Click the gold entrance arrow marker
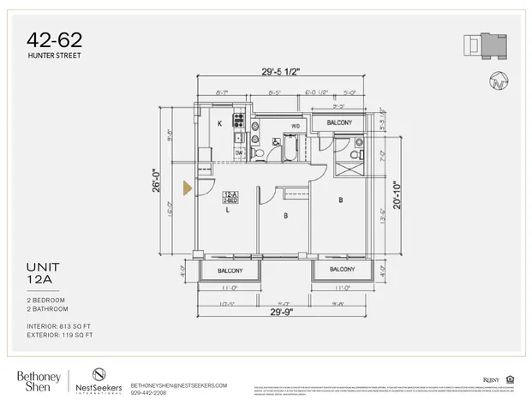point(185,187)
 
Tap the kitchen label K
point(220,124)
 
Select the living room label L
point(228,209)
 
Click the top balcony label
point(338,123)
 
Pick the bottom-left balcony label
point(230,271)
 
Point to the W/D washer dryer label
point(296,126)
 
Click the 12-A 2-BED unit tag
point(230,197)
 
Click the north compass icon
point(498,81)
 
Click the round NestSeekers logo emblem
point(99,374)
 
